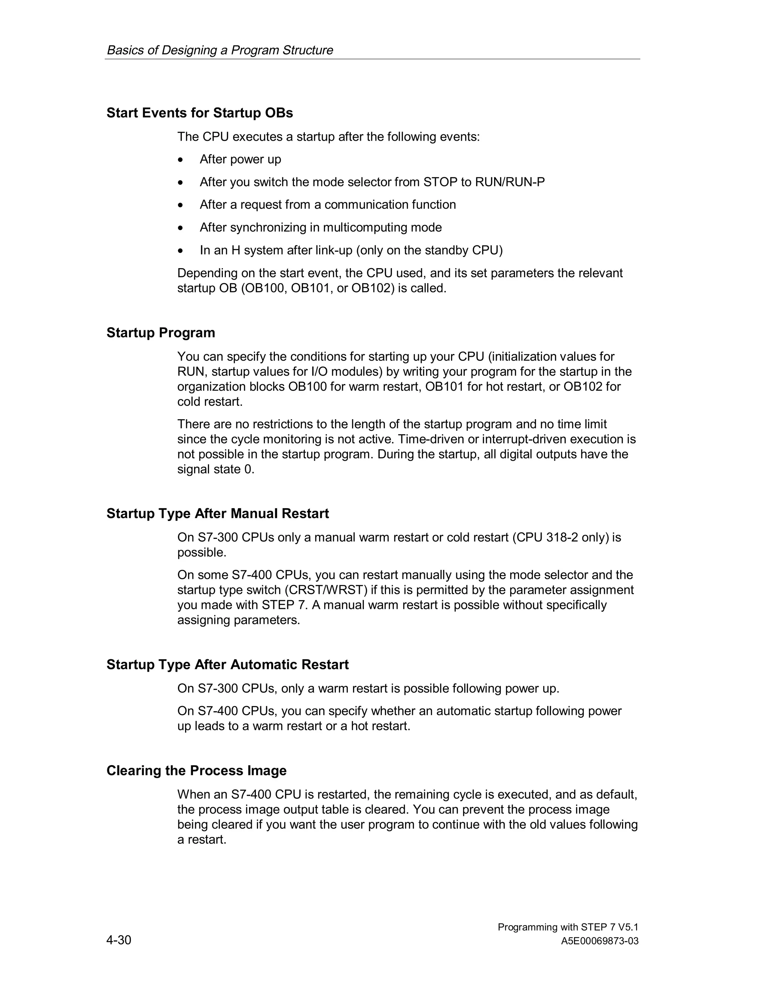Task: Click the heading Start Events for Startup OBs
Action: [200, 113]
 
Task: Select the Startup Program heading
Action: [160, 332]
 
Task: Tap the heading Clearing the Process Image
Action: [196, 770]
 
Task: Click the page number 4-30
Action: [119, 940]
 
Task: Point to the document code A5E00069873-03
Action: [600, 941]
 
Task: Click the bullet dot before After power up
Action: [181, 160]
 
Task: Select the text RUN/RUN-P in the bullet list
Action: [510, 182]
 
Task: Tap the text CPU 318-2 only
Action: [560, 537]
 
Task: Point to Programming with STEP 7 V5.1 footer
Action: [568, 927]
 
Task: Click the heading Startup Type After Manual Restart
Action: [217, 514]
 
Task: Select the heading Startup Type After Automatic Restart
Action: [227, 665]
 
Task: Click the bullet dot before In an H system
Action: [181, 251]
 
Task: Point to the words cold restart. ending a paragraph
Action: [210, 402]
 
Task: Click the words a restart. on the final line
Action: [202, 840]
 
